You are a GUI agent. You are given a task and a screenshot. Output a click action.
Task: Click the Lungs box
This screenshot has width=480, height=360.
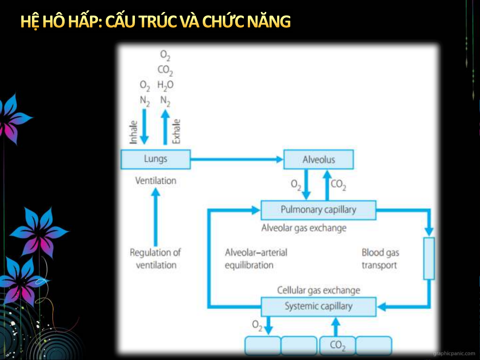click(156, 159)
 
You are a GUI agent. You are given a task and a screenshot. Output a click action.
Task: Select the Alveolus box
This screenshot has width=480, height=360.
click(318, 159)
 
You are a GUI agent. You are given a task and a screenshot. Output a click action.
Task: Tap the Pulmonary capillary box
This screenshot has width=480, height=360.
click(318, 210)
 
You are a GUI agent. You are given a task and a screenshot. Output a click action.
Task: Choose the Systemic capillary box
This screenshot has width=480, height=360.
click(318, 307)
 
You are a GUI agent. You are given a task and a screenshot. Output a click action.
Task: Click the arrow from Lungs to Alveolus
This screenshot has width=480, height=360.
click(237, 159)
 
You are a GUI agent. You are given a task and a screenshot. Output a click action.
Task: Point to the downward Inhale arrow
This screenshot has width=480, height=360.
click(144, 127)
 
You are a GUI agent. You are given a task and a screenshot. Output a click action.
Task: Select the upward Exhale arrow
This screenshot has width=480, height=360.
click(165, 127)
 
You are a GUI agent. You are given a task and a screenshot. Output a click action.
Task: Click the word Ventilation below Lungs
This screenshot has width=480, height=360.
click(156, 181)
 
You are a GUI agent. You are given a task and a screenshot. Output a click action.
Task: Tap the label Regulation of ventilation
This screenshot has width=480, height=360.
click(156, 259)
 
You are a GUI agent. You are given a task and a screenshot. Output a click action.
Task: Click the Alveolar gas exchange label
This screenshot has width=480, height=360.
click(304, 228)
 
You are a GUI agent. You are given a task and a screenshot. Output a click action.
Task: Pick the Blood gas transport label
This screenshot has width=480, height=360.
click(380, 259)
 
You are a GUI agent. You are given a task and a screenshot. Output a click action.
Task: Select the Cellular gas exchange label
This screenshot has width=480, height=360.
click(319, 290)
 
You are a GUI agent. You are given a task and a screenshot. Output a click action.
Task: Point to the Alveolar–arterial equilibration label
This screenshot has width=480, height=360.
click(256, 259)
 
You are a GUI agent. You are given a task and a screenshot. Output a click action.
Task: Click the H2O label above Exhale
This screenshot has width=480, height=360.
click(165, 86)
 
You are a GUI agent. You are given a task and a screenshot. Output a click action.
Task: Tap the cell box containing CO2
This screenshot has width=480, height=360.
click(337, 345)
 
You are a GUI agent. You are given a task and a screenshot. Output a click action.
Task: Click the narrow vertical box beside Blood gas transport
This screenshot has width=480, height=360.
click(429, 258)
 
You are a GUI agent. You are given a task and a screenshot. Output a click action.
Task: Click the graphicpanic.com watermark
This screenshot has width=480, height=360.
click(454, 353)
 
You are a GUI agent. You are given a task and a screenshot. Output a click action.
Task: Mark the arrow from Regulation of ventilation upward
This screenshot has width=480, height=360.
click(156, 217)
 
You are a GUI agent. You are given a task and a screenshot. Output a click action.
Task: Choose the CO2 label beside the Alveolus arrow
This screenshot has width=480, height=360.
click(338, 185)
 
